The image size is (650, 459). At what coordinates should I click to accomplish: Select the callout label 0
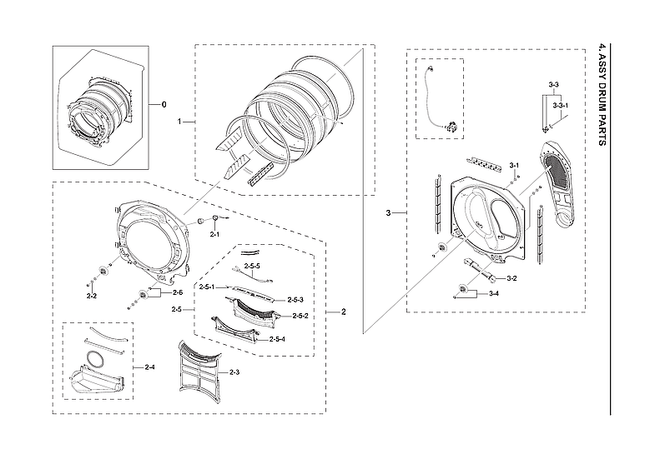[x=164, y=104]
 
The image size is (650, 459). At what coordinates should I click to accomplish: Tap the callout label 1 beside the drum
[x=179, y=122]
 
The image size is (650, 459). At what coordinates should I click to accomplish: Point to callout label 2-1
[x=214, y=236]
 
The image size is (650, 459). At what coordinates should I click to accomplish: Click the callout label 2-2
[x=92, y=295]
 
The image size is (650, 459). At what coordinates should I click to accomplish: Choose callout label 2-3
[x=234, y=372]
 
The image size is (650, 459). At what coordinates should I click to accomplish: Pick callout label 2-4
[x=149, y=367]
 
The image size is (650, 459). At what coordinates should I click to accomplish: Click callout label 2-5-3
[x=295, y=299]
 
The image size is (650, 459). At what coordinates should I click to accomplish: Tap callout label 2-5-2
[x=300, y=316]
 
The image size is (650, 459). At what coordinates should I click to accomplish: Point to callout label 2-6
[x=177, y=293]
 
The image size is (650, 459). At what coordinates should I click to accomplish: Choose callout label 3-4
[x=493, y=293]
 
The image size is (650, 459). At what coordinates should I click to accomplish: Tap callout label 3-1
[x=515, y=166]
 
